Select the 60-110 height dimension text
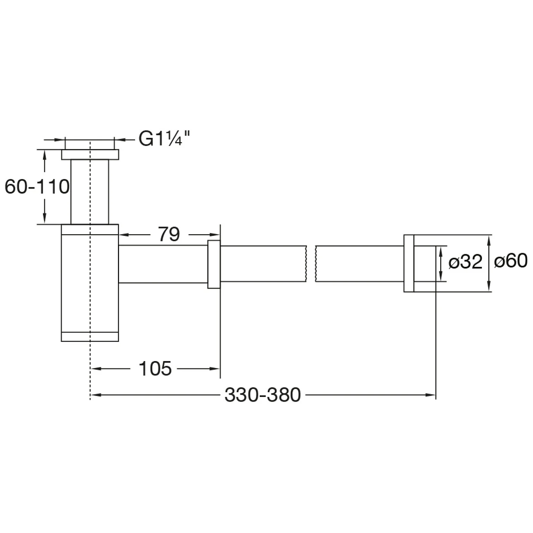pos(37,187)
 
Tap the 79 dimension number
pos(169,235)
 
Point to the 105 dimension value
pos(155,368)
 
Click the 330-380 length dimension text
pos(263,395)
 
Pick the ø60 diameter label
pos(511,261)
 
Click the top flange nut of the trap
pos(90,155)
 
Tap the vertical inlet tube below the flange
pos(90,192)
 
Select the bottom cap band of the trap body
pos(90,337)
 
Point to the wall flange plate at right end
pos(409,263)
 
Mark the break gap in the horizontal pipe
pos(311,264)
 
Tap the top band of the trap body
pos(90,230)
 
